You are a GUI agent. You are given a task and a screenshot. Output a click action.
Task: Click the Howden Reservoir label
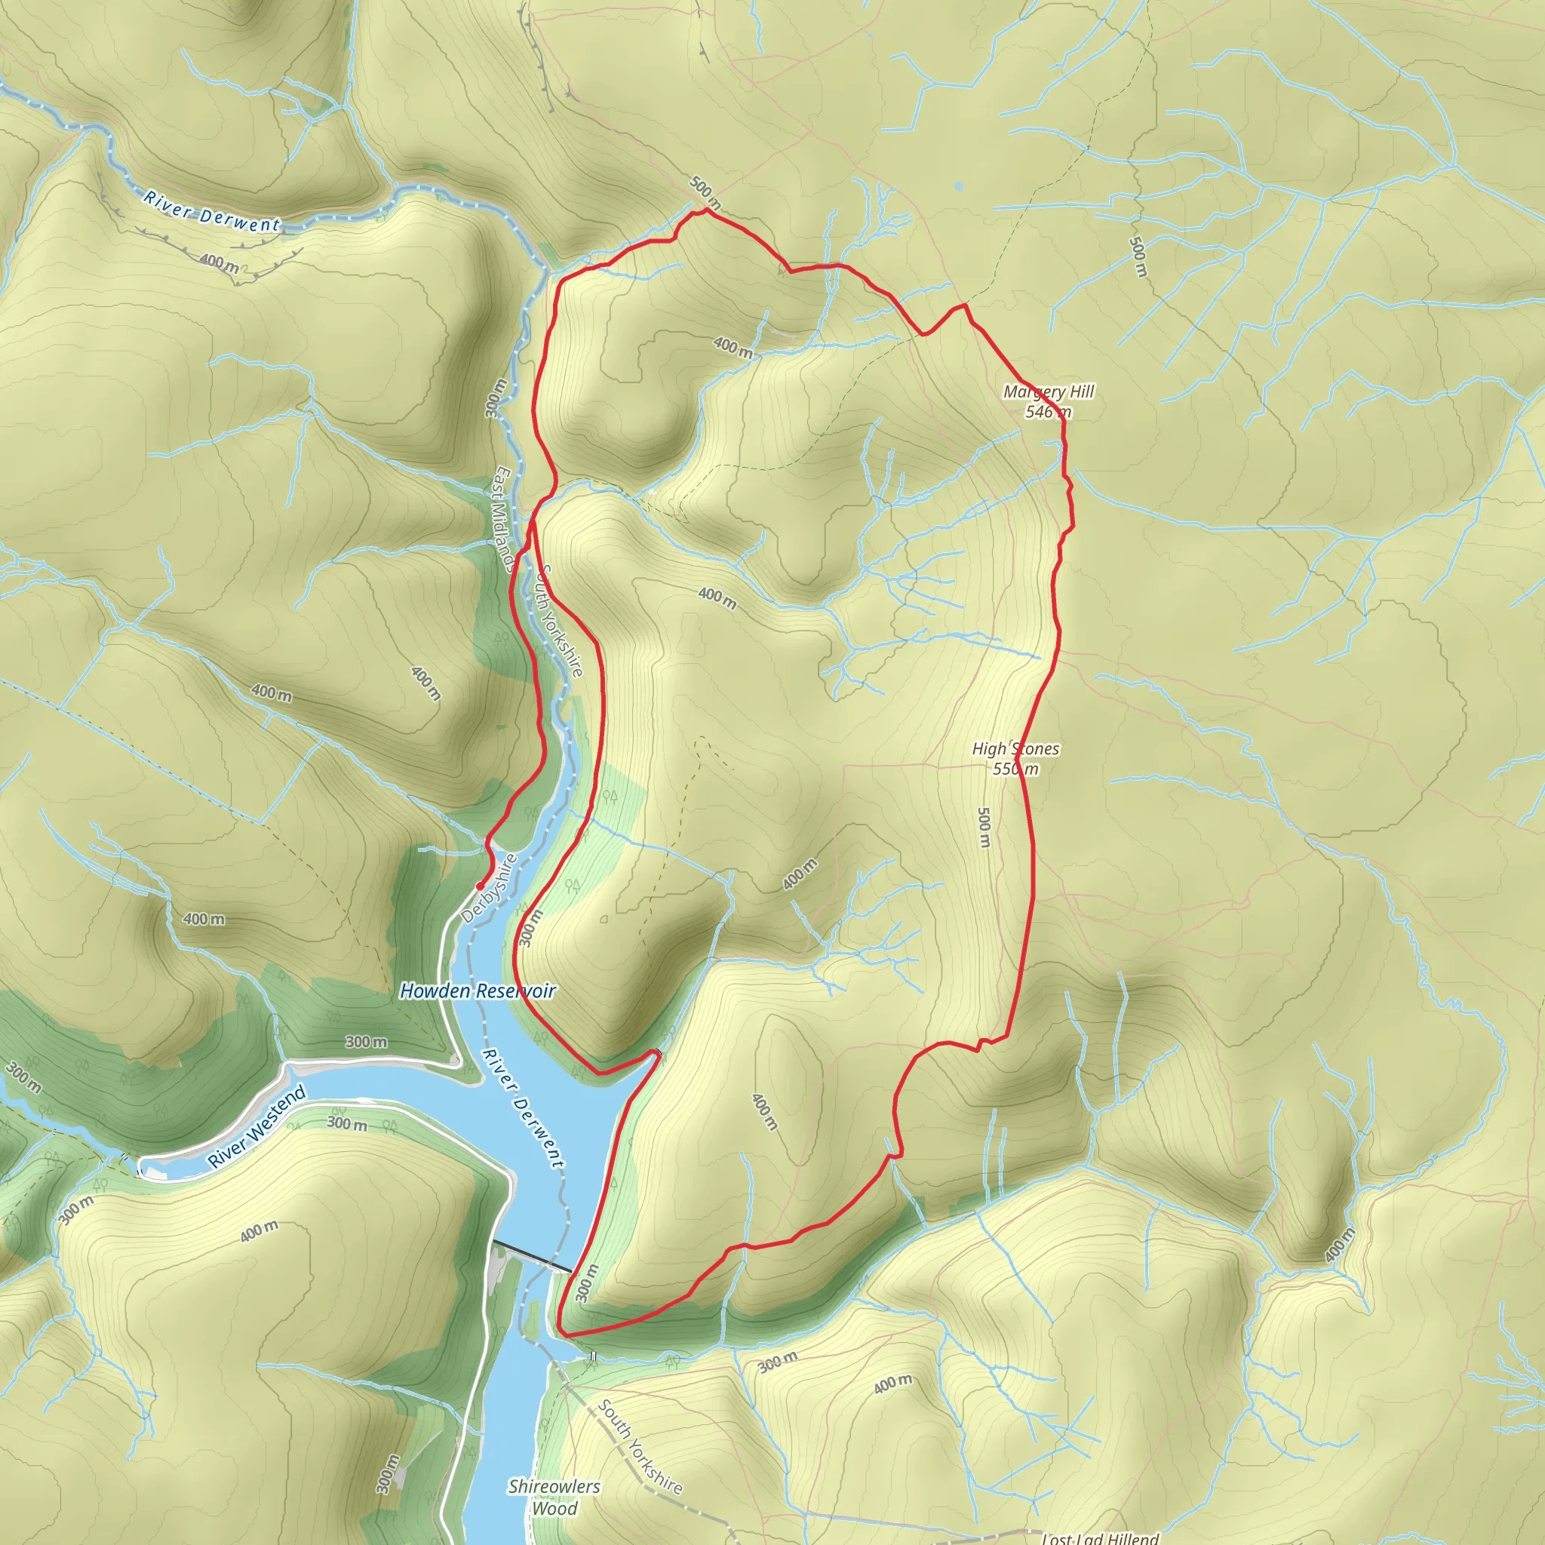point(478,991)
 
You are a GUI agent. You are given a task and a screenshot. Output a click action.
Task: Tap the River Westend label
point(256,1126)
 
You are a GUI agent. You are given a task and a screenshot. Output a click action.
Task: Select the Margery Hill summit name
point(1049,391)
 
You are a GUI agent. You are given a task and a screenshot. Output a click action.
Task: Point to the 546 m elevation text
point(1048,412)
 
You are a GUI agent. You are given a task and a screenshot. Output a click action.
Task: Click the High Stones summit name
point(1015,748)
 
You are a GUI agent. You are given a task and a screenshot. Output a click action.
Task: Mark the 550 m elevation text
point(1015,769)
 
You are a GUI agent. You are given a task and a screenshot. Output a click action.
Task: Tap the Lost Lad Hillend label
point(1100,1537)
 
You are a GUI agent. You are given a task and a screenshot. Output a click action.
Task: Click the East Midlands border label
point(503,520)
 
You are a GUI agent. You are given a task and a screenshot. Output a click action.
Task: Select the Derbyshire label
point(490,889)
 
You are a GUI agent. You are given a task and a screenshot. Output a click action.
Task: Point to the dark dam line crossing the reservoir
point(532,1256)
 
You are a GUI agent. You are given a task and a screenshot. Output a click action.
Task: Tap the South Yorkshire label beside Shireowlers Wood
point(640,1448)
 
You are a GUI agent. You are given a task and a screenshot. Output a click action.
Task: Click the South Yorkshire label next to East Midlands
point(561,620)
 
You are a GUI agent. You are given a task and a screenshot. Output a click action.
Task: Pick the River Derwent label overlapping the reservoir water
point(523,1107)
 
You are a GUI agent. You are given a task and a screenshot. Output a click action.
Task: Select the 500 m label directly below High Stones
point(984,828)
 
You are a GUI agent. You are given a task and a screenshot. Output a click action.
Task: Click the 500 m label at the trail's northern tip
point(705,189)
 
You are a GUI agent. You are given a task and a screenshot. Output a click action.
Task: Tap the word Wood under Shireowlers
point(554,1508)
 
